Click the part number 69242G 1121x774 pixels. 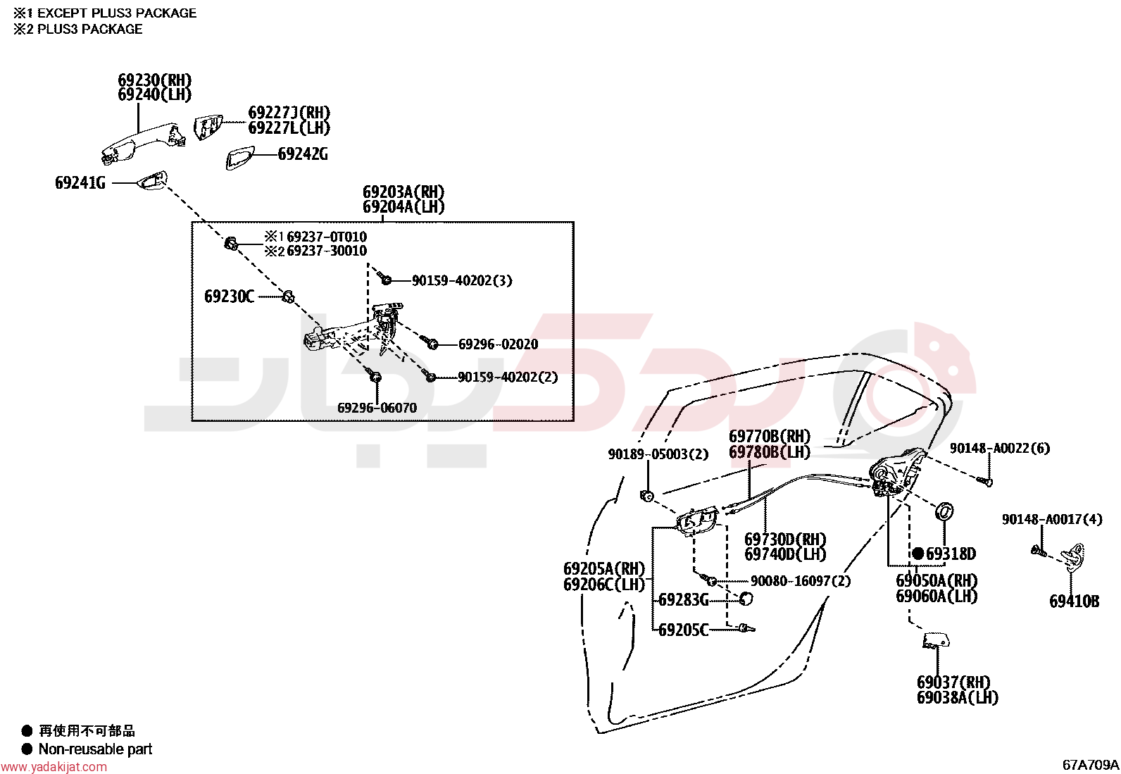[x=303, y=154]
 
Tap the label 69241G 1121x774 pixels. [x=80, y=183]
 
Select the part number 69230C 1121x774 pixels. [x=230, y=297]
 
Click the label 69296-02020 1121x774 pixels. [x=498, y=344]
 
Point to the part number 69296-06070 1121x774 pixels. [x=377, y=408]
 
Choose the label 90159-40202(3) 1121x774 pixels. [x=462, y=280]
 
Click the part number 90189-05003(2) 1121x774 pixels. [x=658, y=454]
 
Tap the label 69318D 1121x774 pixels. [x=951, y=554]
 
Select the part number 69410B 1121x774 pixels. [x=1075, y=601]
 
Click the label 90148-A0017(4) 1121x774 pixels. [x=1052, y=519]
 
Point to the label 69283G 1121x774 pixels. [x=683, y=600]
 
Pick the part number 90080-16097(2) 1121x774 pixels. [x=801, y=581]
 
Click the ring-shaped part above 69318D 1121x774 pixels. [x=944, y=511]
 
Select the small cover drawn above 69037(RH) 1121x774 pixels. [x=936, y=640]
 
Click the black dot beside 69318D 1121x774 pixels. [x=918, y=554]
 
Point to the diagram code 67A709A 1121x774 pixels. [x=1091, y=765]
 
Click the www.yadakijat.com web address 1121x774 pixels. [x=54, y=767]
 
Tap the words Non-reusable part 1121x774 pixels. [x=95, y=749]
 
